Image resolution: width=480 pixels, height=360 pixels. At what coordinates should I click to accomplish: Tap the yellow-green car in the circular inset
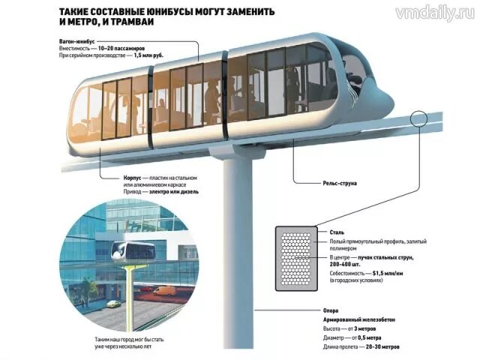[x=113, y=304]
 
